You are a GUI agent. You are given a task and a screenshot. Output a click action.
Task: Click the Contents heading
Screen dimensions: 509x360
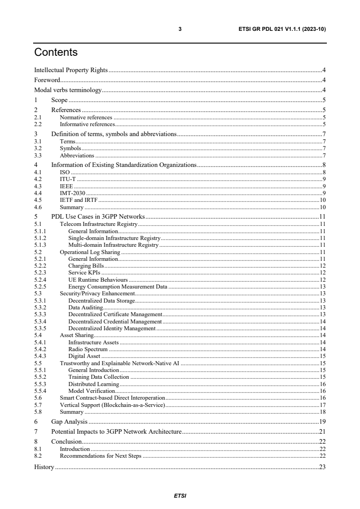[56, 53]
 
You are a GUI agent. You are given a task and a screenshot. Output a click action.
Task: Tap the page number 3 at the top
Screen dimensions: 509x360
[180, 29]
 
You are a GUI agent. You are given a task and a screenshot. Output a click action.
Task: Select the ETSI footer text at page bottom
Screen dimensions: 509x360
[180, 495]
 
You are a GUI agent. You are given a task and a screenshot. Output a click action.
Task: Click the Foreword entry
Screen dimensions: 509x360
[47, 80]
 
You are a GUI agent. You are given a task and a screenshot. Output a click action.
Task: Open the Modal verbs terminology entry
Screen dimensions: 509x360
[68, 90]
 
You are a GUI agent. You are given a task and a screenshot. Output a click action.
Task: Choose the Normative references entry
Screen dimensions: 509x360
[86, 117]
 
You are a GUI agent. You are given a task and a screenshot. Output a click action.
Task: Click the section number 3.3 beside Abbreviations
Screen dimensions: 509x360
[38, 155]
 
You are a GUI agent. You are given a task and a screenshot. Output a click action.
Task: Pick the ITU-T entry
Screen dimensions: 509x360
[68, 179]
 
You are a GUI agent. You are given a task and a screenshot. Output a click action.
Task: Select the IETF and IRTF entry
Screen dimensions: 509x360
[79, 200]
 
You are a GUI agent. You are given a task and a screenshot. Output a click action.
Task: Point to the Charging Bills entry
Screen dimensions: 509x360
[86, 265]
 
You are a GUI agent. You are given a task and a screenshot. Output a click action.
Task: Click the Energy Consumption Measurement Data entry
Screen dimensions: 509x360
[118, 287]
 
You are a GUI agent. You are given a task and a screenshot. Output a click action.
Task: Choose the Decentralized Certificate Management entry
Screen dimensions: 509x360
[115, 314]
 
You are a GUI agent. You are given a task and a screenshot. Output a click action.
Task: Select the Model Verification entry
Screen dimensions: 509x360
[91, 391]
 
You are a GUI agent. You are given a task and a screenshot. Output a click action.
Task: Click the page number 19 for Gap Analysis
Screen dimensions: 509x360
[322, 421]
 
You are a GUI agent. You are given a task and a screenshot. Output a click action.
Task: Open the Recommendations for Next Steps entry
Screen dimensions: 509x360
[101, 455]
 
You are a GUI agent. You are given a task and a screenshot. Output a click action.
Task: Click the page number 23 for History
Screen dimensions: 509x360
[322, 467]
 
